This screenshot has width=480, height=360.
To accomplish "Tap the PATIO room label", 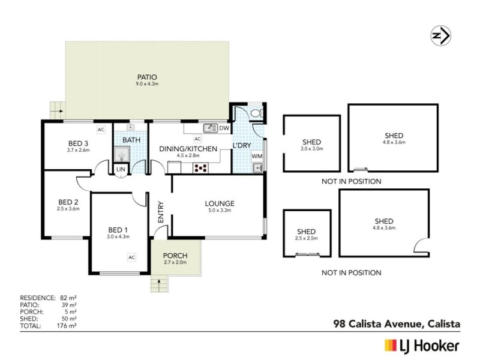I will click(146, 77).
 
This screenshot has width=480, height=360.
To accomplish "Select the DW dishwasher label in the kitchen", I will click(224, 128).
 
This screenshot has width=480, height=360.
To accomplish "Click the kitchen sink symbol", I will click(210, 128).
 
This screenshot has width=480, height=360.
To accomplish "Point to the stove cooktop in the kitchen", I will click(200, 168).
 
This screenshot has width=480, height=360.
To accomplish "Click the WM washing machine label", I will click(257, 157).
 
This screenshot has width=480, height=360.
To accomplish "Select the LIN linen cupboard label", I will click(120, 170).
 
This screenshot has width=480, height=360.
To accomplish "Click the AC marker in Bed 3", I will click(101, 129).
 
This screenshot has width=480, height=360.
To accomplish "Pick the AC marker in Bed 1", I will click(131, 257).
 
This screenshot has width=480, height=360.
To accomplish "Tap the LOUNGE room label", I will click(219, 203).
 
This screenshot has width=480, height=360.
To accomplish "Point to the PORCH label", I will click(175, 254).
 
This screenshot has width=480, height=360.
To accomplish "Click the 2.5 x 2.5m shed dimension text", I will click(307, 238).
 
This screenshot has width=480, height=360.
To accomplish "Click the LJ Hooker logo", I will click(421, 345).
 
